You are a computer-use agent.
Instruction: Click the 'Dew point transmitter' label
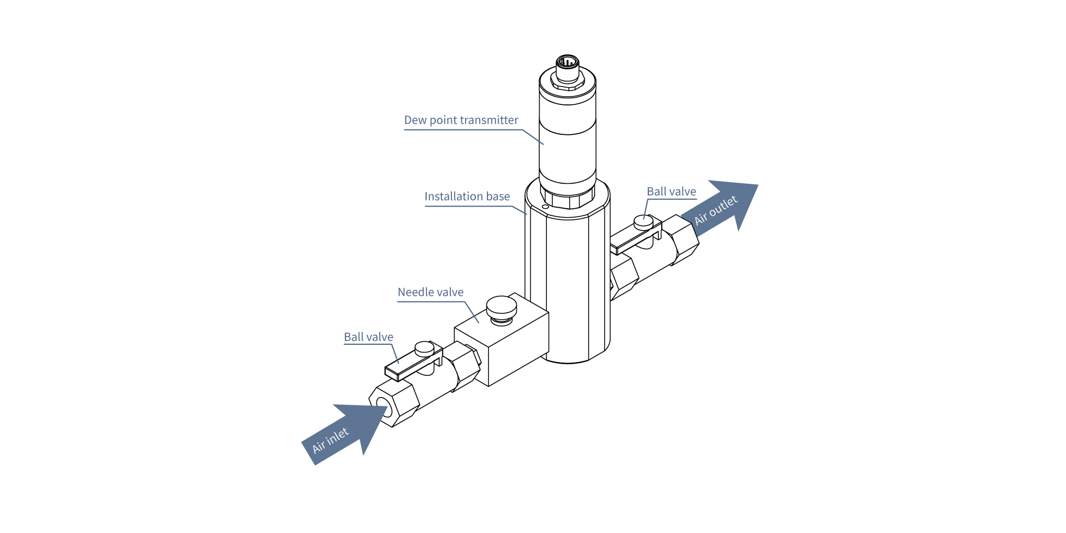click(461, 120)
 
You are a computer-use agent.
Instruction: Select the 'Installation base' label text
click(467, 197)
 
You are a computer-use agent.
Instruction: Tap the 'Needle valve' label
click(430, 292)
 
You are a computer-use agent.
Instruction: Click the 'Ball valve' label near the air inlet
click(368, 337)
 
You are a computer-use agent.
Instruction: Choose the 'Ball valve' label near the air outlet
click(671, 192)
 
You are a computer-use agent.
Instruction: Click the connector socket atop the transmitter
click(567, 62)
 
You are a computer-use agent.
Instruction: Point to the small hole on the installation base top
click(545, 207)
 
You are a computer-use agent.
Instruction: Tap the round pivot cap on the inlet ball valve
click(425, 348)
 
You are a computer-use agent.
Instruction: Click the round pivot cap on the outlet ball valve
click(643, 220)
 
